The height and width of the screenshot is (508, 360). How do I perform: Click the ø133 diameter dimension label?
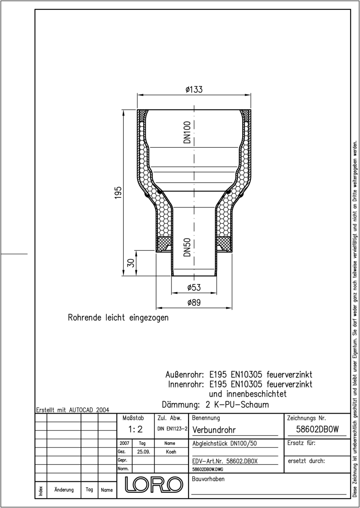click(194, 89)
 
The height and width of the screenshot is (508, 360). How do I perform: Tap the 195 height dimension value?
click(118, 193)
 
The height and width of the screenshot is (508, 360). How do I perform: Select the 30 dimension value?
click(131, 263)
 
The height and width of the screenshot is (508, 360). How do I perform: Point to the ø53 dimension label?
click(194, 287)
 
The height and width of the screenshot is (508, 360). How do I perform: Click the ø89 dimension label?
click(194, 302)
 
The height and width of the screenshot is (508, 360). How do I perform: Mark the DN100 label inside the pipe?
click(187, 132)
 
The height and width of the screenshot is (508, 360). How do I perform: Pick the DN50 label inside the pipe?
click(187, 247)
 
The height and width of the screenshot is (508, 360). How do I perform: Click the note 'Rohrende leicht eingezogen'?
click(118, 317)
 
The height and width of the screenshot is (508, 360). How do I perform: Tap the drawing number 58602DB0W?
click(317, 429)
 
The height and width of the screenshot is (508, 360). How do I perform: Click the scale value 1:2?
click(136, 429)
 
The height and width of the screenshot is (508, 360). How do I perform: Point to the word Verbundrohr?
click(214, 430)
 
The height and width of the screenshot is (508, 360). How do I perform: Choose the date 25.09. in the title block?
click(144, 452)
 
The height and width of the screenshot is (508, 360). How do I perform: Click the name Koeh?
click(171, 452)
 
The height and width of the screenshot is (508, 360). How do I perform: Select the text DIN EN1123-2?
click(172, 428)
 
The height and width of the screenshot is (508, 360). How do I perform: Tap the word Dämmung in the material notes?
click(180, 405)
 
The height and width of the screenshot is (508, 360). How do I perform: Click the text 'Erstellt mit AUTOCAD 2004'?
click(72, 410)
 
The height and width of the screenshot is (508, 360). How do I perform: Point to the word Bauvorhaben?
click(208, 479)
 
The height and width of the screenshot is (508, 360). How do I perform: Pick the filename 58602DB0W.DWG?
click(208, 469)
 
